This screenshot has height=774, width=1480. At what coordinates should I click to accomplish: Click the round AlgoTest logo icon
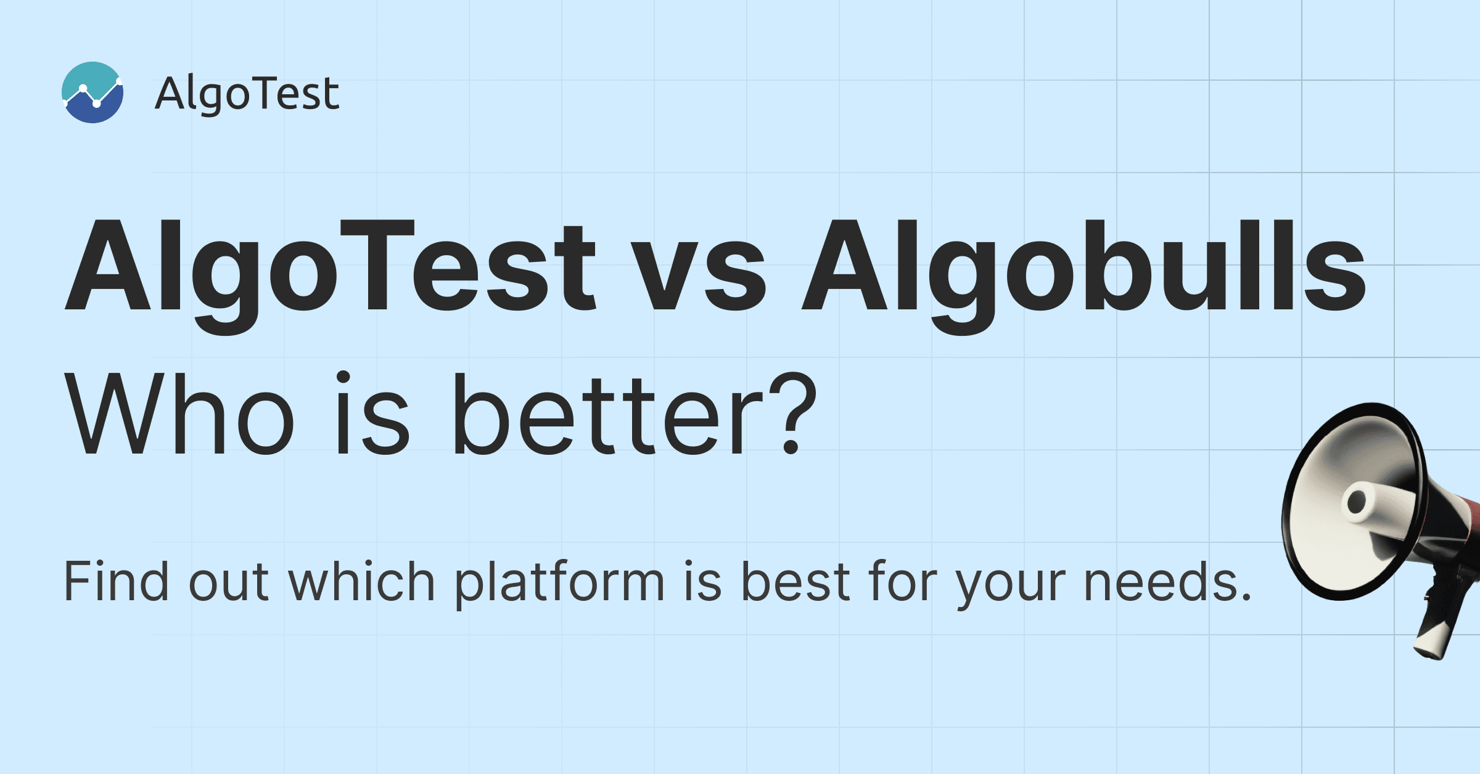pyautogui.click(x=92, y=92)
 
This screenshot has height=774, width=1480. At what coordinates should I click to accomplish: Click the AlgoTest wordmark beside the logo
pyautogui.click(x=247, y=94)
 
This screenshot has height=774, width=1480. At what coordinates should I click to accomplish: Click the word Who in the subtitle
pyautogui.click(x=179, y=414)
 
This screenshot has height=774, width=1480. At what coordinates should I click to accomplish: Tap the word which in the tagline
pyautogui.click(x=362, y=580)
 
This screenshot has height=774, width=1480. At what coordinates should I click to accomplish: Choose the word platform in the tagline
pyautogui.click(x=560, y=584)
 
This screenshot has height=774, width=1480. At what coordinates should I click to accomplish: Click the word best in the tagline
pyautogui.click(x=795, y=580)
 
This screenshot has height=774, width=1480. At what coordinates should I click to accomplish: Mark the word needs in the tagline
pyautogui.click(x=1161, y=580)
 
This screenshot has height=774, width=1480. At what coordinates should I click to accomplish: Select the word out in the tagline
pyautogui.click(x=228, y=584)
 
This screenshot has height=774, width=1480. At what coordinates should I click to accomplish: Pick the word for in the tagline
pyautogui.click(x=903, y=580)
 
